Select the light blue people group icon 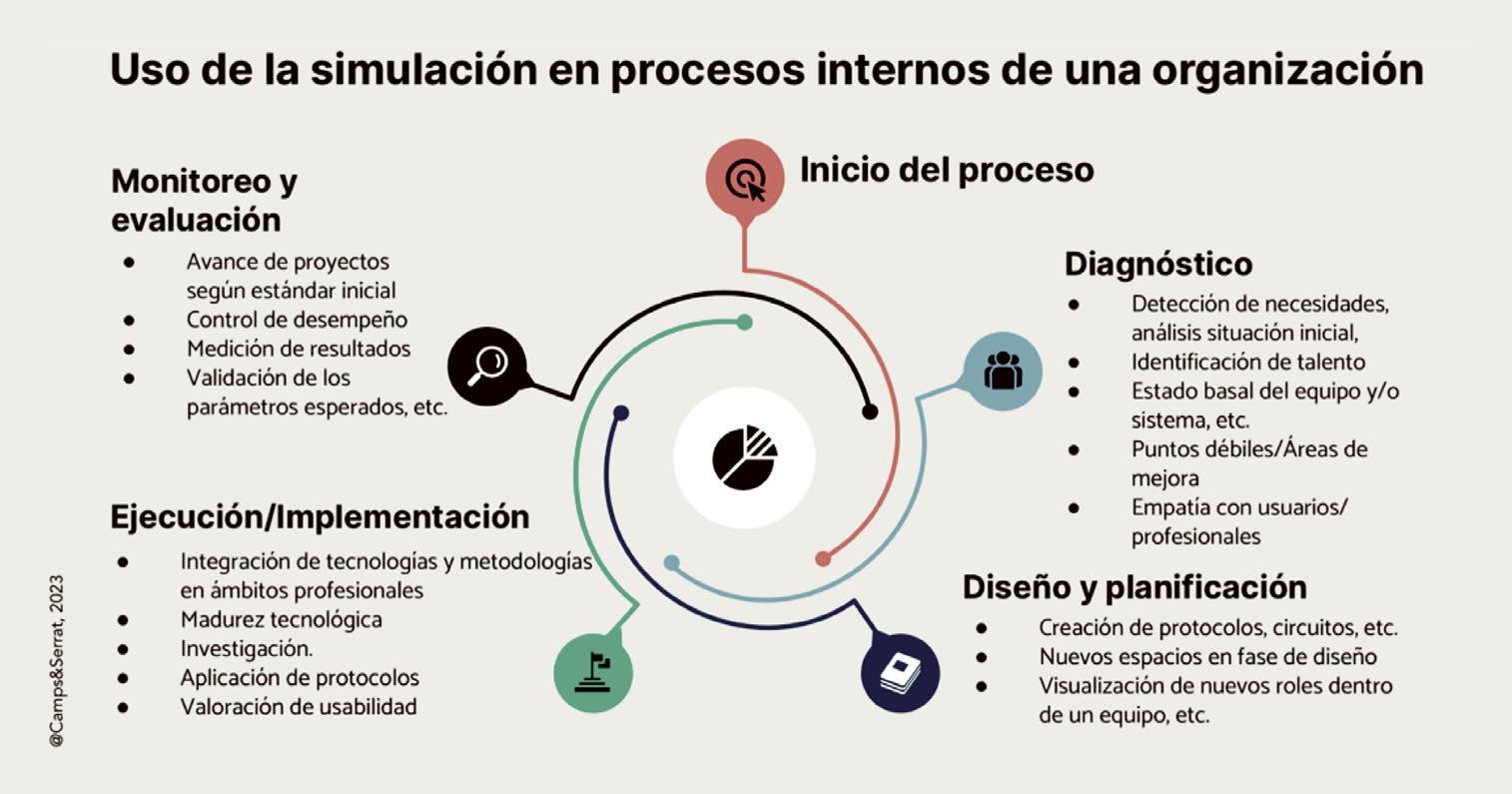(1003, 371)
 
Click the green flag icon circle (594, 672)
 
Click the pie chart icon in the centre (744, 457)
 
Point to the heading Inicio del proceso (946, 170)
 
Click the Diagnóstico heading (1157, 264)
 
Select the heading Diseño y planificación (1134, 586)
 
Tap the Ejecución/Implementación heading (320, 516)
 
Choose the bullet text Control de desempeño (297, 320)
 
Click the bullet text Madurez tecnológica (281, 619)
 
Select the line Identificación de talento (1247, 362)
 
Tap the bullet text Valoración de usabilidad (298, 706)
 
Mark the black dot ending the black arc (870, 411)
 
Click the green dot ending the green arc (744, 322)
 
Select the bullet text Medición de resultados (298, 349)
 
